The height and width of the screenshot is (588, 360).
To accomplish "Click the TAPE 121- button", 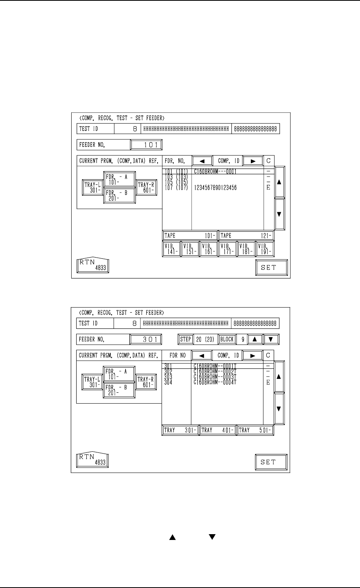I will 246,236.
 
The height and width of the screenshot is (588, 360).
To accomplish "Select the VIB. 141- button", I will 171,249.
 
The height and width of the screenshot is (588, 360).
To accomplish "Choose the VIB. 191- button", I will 265,249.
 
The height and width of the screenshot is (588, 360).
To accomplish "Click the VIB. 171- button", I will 227,249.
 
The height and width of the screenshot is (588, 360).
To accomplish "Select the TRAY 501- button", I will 255,430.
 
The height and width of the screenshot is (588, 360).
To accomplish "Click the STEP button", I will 185,339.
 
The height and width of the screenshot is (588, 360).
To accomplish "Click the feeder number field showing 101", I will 146,145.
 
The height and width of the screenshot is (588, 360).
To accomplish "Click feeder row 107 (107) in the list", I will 177,188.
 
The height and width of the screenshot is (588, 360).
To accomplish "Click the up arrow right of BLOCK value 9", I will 255,339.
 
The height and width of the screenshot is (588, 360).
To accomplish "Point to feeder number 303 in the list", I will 168,377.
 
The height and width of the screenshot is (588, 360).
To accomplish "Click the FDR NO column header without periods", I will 178,355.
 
